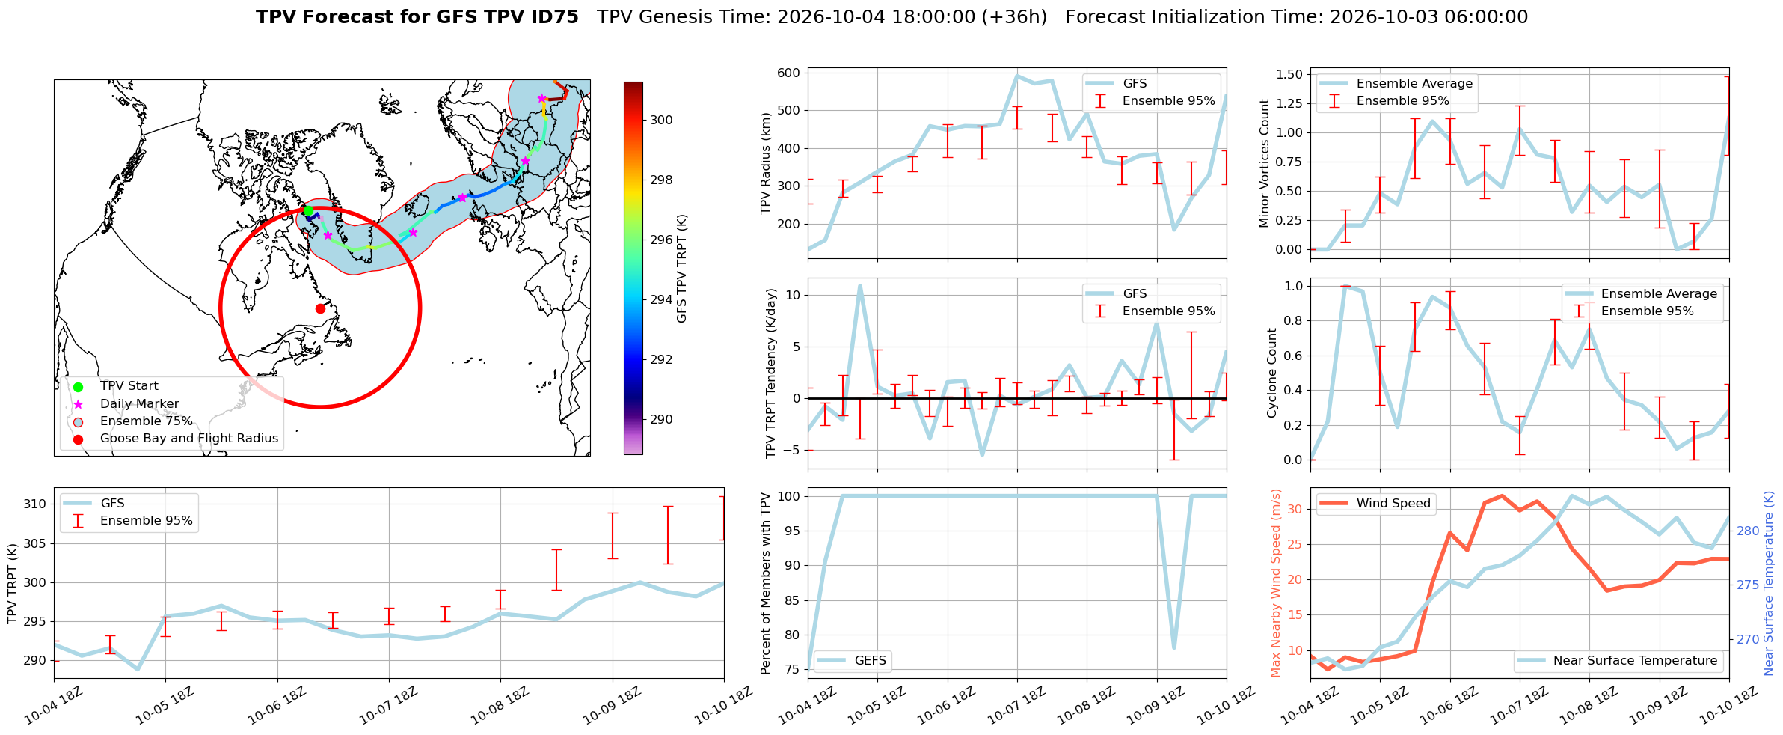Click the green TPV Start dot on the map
pos(308,211)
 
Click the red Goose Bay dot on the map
pos(320,308)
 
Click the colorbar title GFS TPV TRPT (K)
pos(681,269)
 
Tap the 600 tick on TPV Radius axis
pos(789,73)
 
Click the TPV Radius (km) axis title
pos(765,163)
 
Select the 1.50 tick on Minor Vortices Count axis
pos(1289,74)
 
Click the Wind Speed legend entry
pos(1375,504)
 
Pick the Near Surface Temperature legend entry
pos(1619,661)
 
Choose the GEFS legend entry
pos(852,661)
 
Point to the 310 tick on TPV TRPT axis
pos(36,504)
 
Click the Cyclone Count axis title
pos(1271,373)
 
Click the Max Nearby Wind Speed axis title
pos(1275,583)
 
